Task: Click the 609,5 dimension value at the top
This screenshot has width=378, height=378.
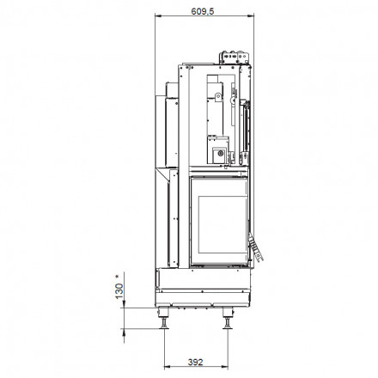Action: [x=203, y=11]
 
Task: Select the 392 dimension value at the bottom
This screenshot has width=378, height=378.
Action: [x=196, y=363]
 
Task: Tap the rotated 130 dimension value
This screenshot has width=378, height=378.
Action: [x=119, y=291]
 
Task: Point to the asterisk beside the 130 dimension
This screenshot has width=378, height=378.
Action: [x=117, y=277]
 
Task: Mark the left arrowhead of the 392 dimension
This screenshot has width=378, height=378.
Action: [x=168, y=367]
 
